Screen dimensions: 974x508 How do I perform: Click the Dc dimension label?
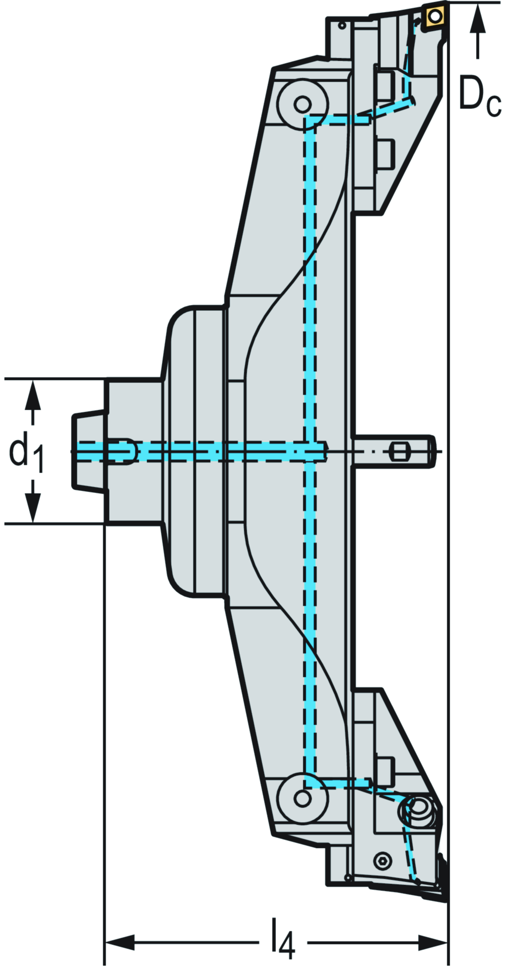[x=479, y=94]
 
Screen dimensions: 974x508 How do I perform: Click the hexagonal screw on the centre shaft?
[x=399, y=452]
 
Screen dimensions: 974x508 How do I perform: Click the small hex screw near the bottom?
[x=382, y=861]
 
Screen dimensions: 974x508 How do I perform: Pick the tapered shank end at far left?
[x=82, y=451]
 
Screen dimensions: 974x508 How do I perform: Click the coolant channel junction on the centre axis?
[x=310, y=451]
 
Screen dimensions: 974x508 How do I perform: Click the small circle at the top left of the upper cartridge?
[x=342, y=25]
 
